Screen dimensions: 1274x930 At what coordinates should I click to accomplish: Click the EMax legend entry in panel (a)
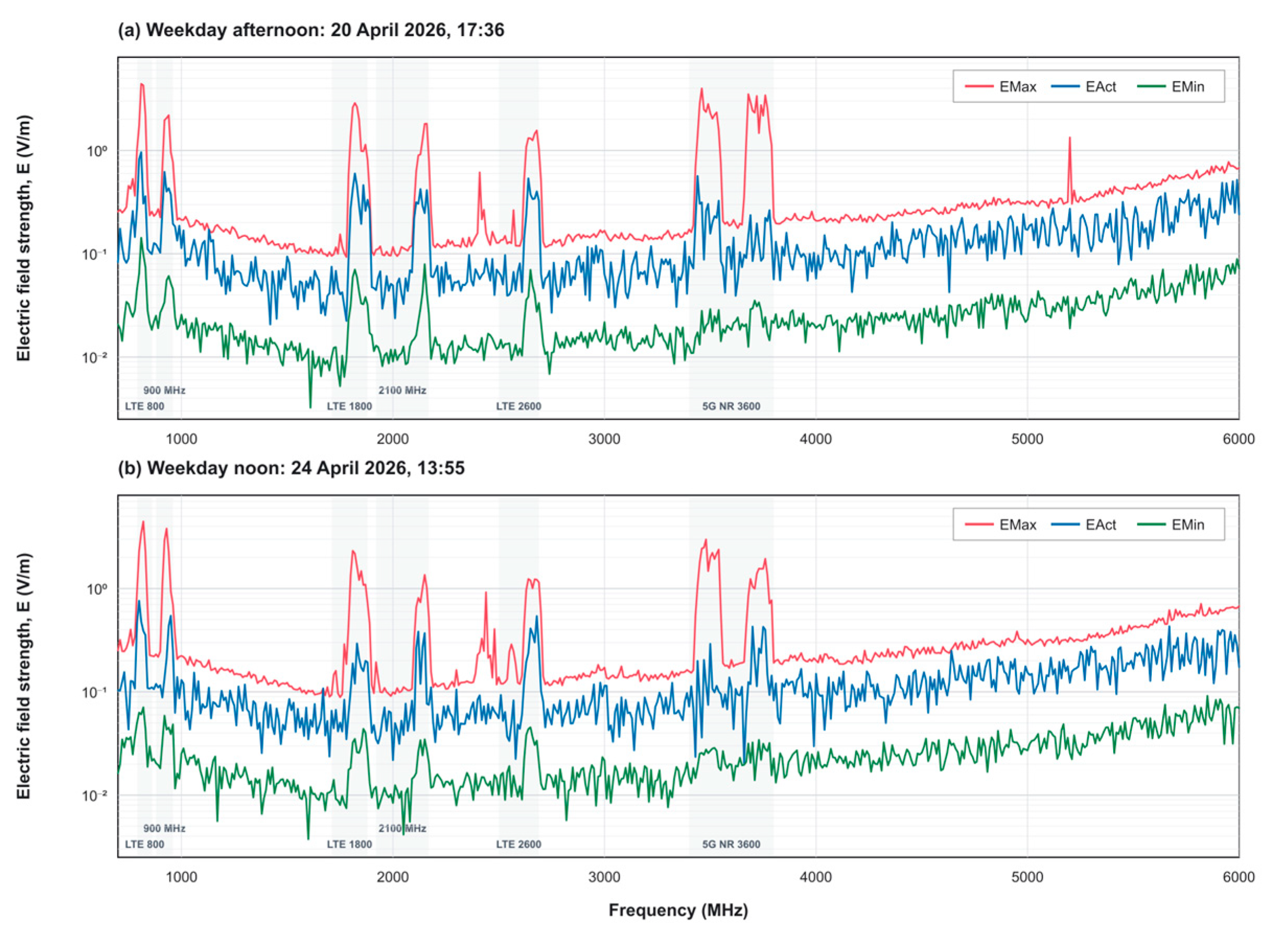pyautogui.click(x=1001, y=87)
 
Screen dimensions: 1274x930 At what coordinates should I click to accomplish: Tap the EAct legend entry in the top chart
pyautogui.click(x=1083, y=87)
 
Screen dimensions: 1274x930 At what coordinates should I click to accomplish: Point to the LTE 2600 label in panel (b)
pyautogui.click(x=519, y=844)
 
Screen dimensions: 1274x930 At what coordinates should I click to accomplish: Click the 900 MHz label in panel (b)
pyautogui.click(x=164, y=829)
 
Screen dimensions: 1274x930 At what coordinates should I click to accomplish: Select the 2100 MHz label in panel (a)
pyautogui.click(x=402, y=391)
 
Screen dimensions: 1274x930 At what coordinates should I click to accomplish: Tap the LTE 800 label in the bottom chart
pyautogui.click(x=145, y=844)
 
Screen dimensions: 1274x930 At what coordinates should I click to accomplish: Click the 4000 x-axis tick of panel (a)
pyautogui.click(x=816, y=439)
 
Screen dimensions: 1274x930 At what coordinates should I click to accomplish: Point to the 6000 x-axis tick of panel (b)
pyautogui.click(x=1239, y=878)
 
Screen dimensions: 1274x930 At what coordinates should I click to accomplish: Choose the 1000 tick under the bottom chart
pyautogui.click(x=181, y=878)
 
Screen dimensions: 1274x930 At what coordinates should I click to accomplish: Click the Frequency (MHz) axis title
pyautogui.click(x=679, y=910)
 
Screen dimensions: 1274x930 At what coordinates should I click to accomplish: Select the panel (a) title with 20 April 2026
pyautogui.click(x=311, y=29)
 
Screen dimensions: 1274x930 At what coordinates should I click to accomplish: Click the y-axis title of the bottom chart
pyautogui.click(x=24, y=676)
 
